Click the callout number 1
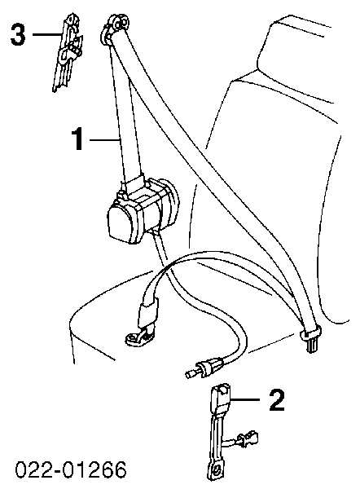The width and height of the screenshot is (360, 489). (x=78, y=139)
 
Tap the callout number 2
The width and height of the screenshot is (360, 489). (x=277, y=400)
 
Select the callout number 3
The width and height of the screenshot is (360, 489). (x=17, y=34)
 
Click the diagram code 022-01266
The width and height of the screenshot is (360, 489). (x=71, y=469)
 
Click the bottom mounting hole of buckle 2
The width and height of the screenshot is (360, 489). (x=215, y=469)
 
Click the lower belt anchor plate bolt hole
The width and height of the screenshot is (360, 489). (x=133, y=337)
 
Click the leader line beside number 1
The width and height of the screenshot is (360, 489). (x=105, y=140)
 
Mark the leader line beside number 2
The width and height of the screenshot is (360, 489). (x=245, y=399)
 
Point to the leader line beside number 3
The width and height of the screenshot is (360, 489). (x=46, y=34)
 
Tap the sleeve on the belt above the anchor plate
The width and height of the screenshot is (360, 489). (x=147, y=311)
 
